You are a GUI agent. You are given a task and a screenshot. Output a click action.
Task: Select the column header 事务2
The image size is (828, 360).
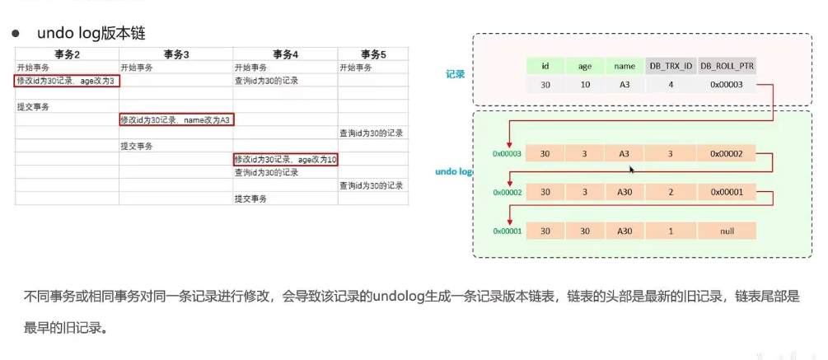(x=67, y=54)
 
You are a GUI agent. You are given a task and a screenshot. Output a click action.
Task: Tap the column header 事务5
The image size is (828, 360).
(x=372, y=54)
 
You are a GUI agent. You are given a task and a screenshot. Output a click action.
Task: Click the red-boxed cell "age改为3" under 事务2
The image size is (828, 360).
(x=67, y=81)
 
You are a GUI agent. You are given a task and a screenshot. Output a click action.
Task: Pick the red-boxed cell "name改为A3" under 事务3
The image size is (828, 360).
(x=176, y=119)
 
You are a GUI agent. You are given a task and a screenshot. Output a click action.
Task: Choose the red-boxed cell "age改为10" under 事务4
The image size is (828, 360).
(x=286, y=159)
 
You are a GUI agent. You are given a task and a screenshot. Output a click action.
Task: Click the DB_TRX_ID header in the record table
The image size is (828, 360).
(x=670, y=66)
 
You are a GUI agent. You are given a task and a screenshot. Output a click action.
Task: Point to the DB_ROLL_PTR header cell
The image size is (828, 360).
(x=726, y=66)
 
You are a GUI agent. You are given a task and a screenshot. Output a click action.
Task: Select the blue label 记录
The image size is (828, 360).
(x=455, y=74)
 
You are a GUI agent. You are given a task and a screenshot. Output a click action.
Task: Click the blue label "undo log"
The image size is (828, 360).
(x=453, y=171)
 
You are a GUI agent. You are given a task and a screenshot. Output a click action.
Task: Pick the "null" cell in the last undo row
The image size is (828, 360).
(x=726, y=231)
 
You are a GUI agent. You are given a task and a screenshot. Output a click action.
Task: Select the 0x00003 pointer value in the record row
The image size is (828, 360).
(x=726, y=85)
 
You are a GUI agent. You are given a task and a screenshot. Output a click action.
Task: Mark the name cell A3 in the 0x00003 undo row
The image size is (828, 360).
(x=623, y=153)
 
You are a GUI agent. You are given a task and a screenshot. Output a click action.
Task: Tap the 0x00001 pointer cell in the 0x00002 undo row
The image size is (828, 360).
(x=726, y=192)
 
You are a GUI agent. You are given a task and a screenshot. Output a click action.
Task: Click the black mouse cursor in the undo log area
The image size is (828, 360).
(x=631, y=169)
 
